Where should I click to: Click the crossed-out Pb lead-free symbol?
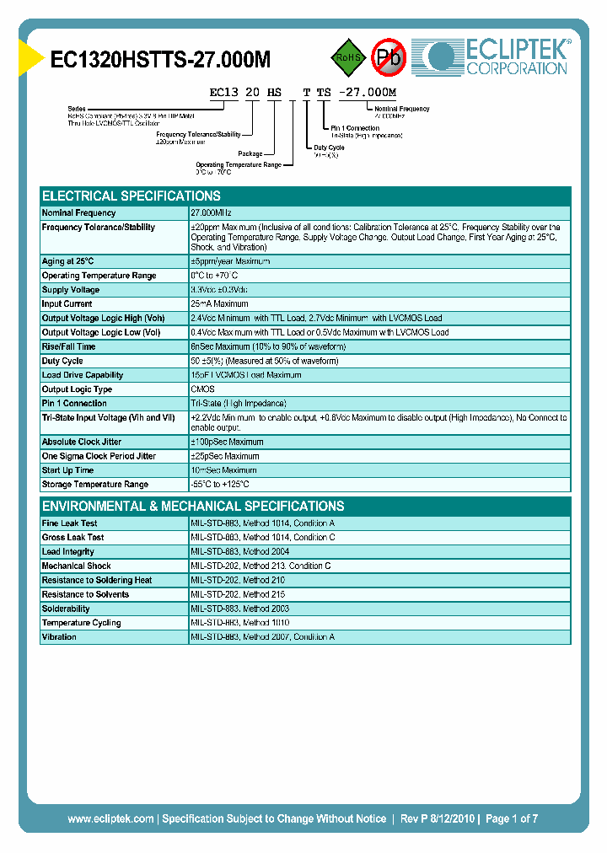389,57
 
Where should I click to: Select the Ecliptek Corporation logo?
497,57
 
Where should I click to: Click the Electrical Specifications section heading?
132,196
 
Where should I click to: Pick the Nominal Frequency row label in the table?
79,213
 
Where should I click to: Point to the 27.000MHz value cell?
211,213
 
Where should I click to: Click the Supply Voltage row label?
73,290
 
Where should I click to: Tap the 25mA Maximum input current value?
219,304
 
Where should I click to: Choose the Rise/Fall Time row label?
68,346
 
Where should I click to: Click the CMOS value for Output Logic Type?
202,389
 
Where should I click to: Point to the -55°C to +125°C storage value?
220,485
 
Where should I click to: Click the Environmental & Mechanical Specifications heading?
193,507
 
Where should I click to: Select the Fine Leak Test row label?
70,523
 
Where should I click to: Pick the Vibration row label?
59,637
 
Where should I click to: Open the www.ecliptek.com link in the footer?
110,818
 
